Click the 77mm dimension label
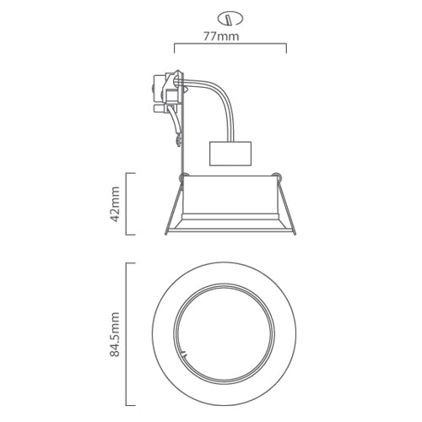[x=230, y=36]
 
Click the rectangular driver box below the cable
[x=230, y=153]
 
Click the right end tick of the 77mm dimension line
[x=286, y=47]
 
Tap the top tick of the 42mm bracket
[x=131, y=173]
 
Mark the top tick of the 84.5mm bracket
[x=131, y=263]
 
